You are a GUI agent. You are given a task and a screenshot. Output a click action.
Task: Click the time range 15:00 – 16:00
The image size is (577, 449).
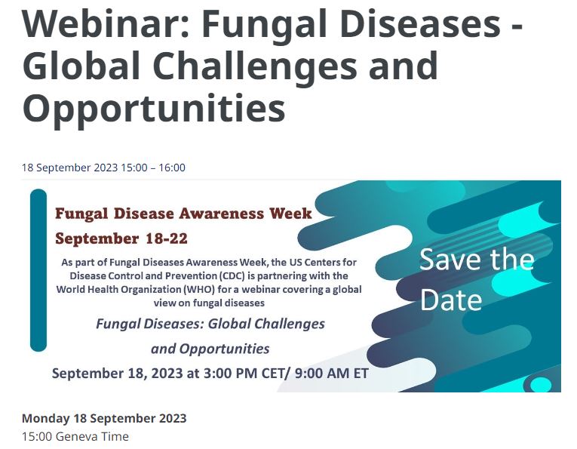[x=153, y=168]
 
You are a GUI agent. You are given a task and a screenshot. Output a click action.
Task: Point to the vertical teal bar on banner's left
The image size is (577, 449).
[x=38, y=270]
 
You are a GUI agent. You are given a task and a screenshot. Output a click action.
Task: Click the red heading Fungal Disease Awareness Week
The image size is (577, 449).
[x=183, y=214]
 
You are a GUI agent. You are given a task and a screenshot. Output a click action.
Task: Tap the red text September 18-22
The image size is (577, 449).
[x=121, y=238]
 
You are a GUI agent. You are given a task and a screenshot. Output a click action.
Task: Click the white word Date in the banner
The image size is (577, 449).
[x=451, y=300]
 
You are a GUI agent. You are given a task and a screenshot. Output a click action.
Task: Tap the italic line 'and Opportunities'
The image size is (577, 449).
[x=210, y=349]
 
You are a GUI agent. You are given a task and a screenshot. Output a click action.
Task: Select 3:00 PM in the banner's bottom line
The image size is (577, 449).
[x=230, y=374]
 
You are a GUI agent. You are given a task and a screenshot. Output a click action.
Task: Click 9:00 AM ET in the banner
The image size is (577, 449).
[x=332, y=374]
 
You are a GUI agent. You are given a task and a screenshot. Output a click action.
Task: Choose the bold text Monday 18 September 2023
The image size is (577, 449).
[x=104, y=418]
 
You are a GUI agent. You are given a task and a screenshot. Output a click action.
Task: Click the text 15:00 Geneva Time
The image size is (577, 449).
[x=75, y=436]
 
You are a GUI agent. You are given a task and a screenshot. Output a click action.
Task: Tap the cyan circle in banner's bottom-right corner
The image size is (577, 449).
[x=541, y=385]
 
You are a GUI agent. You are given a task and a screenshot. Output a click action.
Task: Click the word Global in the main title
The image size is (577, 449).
[x=81, y=66]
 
